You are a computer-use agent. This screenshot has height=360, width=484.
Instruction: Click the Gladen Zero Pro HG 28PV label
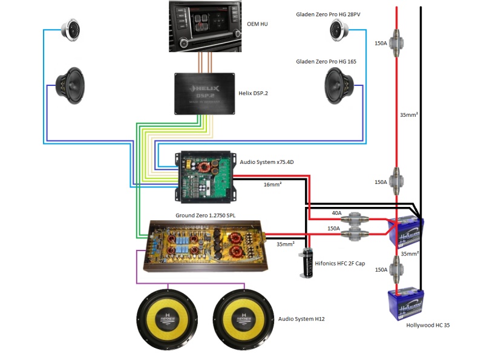tap(332, 13)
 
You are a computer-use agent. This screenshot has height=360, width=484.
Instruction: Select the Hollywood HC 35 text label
tap(428, 325)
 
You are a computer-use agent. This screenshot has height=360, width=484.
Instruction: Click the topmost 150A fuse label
tap(381, 43)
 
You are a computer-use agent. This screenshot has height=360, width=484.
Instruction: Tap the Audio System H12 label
tap(301, 318)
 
